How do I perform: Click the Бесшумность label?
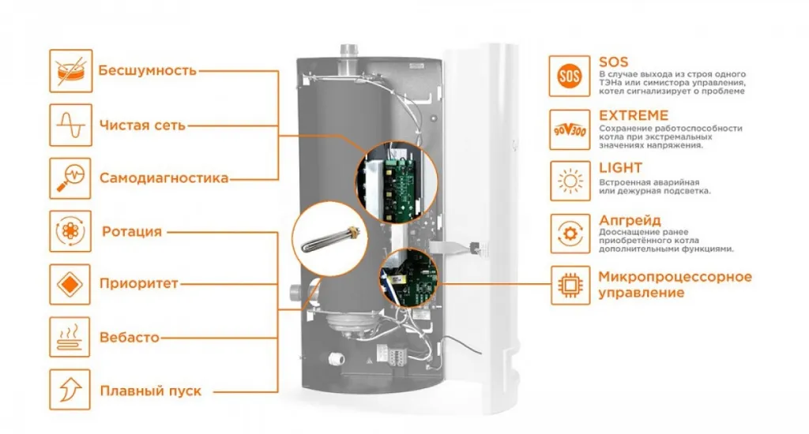(x=147, y=70)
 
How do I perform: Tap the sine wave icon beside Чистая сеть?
(x=70, y=125)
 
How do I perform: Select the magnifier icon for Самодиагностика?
(x=70, y=178)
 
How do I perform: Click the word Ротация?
(x=132, y=232)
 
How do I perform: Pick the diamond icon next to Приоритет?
(x=70, y=283)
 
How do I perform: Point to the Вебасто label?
(x=130, y=338)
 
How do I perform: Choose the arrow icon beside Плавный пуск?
(x=70, y=390)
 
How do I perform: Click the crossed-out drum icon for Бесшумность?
(x=70, y=70)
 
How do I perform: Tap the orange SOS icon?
(x=569, y=76)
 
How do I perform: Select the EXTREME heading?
(x=634, y=115)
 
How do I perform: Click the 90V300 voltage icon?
(x=569, y=129)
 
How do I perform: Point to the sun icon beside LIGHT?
(x=569, y=181)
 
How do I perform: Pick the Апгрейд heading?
(x=630, y=220)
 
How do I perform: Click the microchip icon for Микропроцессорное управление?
(x=569, y=286)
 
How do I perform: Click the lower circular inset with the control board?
(x=411, y=278)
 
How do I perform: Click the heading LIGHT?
(x=620, y=168)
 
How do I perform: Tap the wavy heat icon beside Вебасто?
(x=70, y=337)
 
